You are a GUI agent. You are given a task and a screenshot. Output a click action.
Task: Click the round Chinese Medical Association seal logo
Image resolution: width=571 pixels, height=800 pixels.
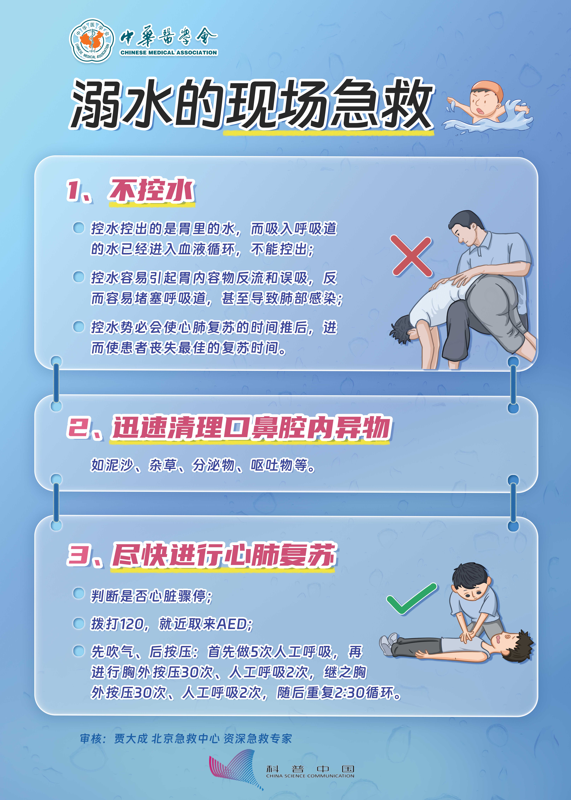click(92, 40)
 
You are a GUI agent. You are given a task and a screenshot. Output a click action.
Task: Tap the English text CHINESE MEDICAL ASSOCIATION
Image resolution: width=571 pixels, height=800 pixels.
click(169, 52)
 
